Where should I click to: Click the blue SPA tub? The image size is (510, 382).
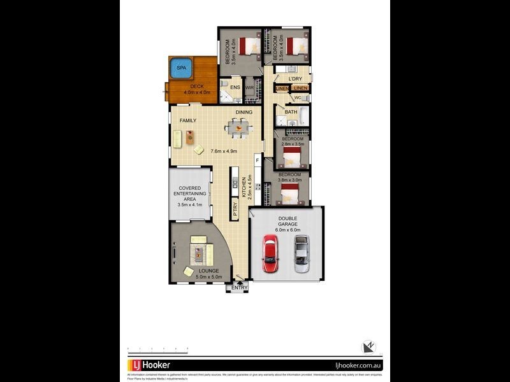180,67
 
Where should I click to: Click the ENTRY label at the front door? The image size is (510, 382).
239,288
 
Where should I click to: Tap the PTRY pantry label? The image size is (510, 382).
235,209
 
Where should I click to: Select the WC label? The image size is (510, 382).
297,98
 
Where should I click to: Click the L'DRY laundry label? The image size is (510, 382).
295,79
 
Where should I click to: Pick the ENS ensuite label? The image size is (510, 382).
234,87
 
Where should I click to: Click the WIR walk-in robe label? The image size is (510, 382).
249,87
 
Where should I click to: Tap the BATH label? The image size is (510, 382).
291,113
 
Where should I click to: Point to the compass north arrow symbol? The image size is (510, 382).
368,347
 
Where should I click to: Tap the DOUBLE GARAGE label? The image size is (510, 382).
287,222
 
